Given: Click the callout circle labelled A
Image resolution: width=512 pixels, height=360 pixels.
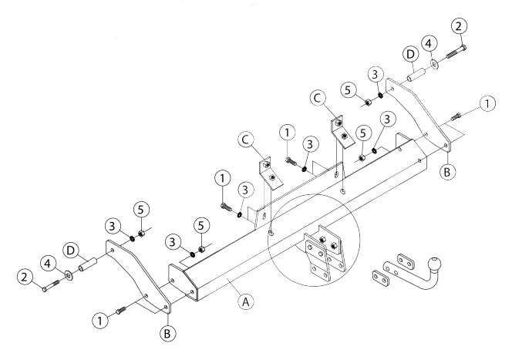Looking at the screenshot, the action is tap(245, 302).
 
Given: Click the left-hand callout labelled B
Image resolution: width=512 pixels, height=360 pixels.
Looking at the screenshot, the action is tap(168, 334).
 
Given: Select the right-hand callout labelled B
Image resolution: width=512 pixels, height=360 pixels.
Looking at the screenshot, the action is tap(447, 171).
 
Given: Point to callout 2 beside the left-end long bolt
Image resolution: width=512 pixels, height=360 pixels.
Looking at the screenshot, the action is tap(25, 277).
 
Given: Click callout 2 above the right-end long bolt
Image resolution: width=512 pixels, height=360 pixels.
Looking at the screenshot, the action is tap(459, 26).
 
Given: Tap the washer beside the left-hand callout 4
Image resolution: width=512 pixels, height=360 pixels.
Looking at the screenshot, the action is tap(69, 275).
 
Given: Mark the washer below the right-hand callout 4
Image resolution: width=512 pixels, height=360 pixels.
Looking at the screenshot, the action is tap(435, 64).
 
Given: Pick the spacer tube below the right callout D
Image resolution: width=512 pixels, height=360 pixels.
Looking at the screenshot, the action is tap(416, 75).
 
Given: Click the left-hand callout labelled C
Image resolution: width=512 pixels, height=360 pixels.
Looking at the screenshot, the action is tap(245, 140).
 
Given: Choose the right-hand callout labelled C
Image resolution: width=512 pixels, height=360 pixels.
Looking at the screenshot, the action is tap(318, 98).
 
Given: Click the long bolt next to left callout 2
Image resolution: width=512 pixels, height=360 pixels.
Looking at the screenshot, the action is tap(51, 285).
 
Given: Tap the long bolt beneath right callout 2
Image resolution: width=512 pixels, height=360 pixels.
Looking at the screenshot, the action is tap(456, 52).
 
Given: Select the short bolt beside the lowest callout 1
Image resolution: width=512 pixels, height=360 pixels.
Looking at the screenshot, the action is tap(120, 311).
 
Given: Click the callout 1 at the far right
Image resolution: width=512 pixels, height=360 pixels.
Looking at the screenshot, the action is tap(487, 103).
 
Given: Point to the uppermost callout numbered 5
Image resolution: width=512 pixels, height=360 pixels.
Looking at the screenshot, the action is tap(349, 90).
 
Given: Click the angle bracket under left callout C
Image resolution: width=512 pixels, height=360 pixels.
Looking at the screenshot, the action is tap(271, 175).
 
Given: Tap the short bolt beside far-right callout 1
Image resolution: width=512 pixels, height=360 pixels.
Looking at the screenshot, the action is tap(456, 116).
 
